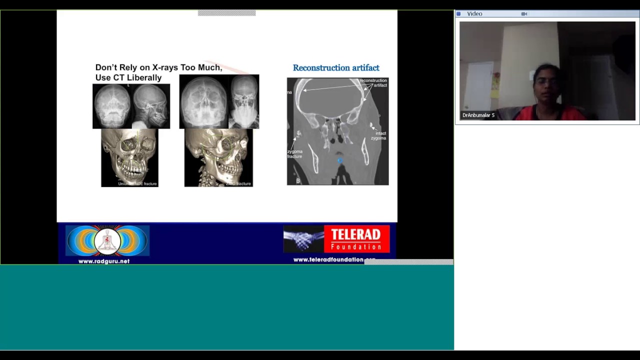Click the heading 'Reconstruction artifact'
[336, 68]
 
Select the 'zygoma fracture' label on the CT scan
[294, 154]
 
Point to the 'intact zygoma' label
[380, 135]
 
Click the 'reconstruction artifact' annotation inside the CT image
[373, 82]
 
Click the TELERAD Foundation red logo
[356, 239]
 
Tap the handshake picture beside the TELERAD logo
[303, 239]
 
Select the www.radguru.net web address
[104, 261]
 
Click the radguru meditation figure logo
[107, 241]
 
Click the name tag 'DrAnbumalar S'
[478, 115]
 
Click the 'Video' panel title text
[474, 14]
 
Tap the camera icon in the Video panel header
[524, 14]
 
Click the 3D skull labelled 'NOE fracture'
[129, 157]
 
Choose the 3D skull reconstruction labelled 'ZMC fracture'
[218, 157]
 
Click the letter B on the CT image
[297, 181]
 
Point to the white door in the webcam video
[478, 85]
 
